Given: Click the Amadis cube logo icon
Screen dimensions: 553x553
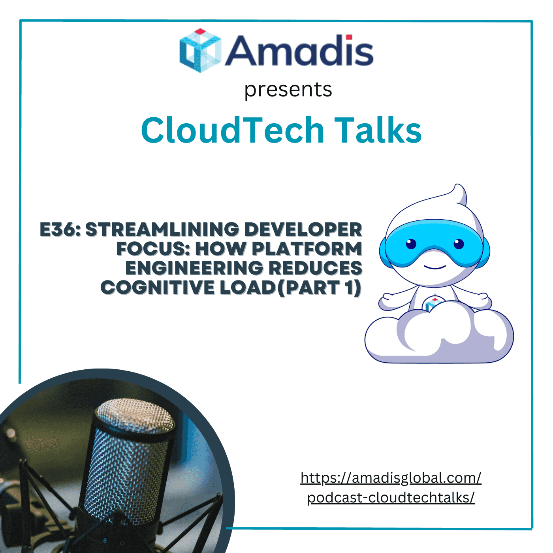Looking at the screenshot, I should coord(200,51).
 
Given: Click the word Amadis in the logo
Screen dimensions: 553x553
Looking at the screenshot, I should coord(299,51).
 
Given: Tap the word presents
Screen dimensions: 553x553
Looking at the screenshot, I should coord(288,89).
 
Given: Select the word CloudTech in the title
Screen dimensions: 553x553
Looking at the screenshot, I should coord(232,130).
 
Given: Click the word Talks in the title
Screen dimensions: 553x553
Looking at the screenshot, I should coord(378,130).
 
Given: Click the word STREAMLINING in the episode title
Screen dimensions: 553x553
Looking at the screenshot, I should coord(162,229).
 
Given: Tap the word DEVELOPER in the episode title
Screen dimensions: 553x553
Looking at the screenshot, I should coord(303,229).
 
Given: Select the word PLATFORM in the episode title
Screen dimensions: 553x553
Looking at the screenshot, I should coord(307,249).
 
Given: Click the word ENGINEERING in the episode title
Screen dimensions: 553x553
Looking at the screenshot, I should coord(194,268).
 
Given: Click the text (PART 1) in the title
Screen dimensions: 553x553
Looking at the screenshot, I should coord(319,288).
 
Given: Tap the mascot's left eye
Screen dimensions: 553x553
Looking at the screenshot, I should coord(411,244).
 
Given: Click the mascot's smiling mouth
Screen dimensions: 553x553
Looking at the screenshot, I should coord(434,267).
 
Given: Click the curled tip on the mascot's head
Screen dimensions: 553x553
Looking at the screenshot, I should coord(459,194).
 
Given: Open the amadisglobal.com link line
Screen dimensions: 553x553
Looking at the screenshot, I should coord(391,478).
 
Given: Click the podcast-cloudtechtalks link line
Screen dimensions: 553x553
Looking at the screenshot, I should coord(391,498).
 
